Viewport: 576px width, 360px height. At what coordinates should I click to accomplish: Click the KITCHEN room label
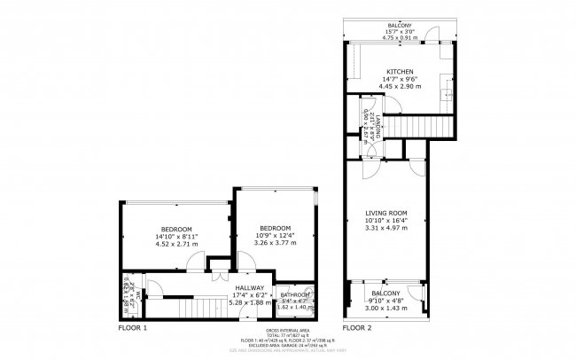tap(395, 72)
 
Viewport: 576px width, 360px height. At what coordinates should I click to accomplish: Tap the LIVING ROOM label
tap(386, 213)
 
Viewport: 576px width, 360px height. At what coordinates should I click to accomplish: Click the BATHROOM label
tap(295, 294)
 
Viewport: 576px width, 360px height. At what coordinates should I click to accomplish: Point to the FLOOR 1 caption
tap(133, 328)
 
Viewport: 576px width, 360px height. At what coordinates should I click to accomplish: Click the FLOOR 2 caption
tap(357, 328)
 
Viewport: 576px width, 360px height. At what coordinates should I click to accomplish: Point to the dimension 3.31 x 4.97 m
tap(386, 228)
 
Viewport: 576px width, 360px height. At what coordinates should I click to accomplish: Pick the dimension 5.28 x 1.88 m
tap(249, 302)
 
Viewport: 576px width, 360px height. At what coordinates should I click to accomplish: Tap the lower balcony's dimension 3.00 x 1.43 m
tap(385, 308)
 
